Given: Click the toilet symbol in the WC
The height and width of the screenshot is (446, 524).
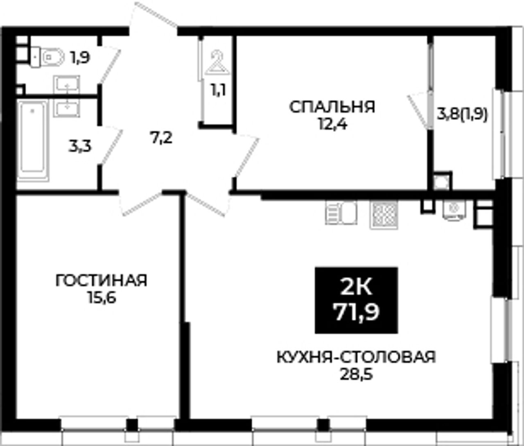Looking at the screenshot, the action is (x=47, y=57).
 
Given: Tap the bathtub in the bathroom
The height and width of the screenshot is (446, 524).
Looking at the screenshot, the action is (x=33, y=140).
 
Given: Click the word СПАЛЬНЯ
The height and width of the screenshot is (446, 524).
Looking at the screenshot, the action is (x=332, y=107).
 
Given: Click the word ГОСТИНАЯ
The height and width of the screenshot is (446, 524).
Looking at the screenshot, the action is (x=101, y=281).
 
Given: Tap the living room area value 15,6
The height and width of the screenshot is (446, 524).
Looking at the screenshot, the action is (x=102, y=297).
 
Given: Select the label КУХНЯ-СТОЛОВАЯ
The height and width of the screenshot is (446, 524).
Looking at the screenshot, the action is (x=356, y=357).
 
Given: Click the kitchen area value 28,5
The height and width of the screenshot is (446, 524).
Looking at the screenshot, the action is (x=357, y=374).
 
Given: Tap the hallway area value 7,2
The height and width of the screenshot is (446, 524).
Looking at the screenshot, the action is (x=161, y=138).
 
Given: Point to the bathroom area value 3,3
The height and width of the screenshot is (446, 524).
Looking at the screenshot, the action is (x=79, y=147).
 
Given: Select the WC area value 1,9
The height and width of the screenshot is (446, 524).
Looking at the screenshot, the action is (x=80, y=58).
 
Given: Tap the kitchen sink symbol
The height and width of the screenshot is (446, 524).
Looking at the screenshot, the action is (x=341, y=213).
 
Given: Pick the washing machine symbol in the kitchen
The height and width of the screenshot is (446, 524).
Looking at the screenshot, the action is (x=454, y=210).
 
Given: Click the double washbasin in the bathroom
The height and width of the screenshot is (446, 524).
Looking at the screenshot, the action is (x=66, y=96).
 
